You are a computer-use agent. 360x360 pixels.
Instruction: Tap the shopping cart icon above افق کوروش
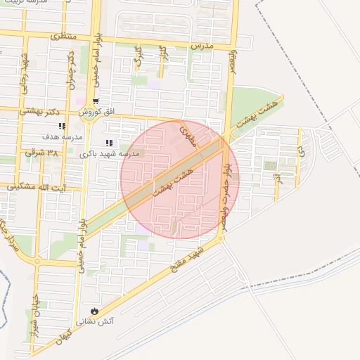(x=96, y=101)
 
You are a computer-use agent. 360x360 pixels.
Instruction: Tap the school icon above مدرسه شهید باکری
(x=110, y=143)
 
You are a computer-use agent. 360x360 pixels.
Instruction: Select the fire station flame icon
(x=94, y=311)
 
